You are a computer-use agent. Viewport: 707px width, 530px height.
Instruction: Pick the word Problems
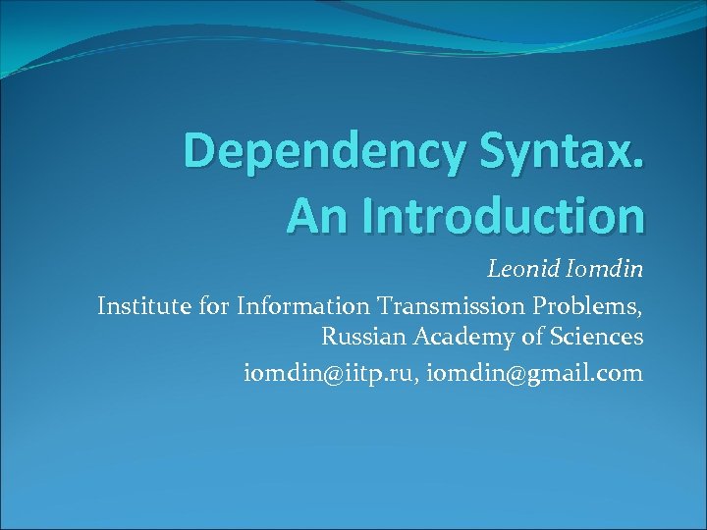tap(595, 307)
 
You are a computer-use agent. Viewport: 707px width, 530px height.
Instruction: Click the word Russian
tap(364, 339)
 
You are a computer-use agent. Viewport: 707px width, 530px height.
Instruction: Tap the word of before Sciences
tap(527, 339)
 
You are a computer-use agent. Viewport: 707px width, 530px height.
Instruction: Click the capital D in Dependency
tap(199, 154)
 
